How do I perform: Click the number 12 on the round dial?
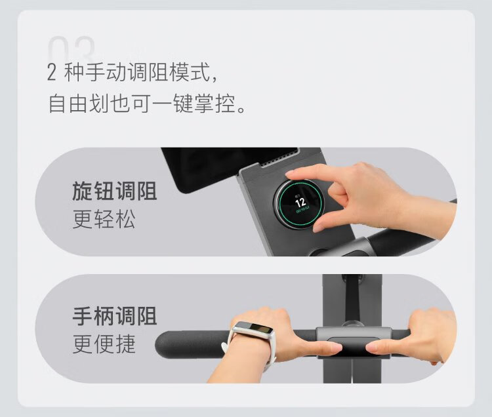click(x=300, y=202)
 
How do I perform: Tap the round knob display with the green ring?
click(x=298, y=203)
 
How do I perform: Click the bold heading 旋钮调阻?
click(x=115, y=191)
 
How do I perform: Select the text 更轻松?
click(x=104, y=219)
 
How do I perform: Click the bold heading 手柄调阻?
click(x=115, y=316)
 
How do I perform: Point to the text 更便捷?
click(x=104, y=344)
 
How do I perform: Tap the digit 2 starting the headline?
click(x=51, y=72)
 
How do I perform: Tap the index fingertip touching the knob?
click(x=290, y=174)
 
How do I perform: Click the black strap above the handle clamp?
click(x=352, y=298)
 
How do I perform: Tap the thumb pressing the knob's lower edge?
click(x=321, y=225)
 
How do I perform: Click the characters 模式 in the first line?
click(x=190, y=72)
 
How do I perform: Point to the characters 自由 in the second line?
click(x=68, y=103)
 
